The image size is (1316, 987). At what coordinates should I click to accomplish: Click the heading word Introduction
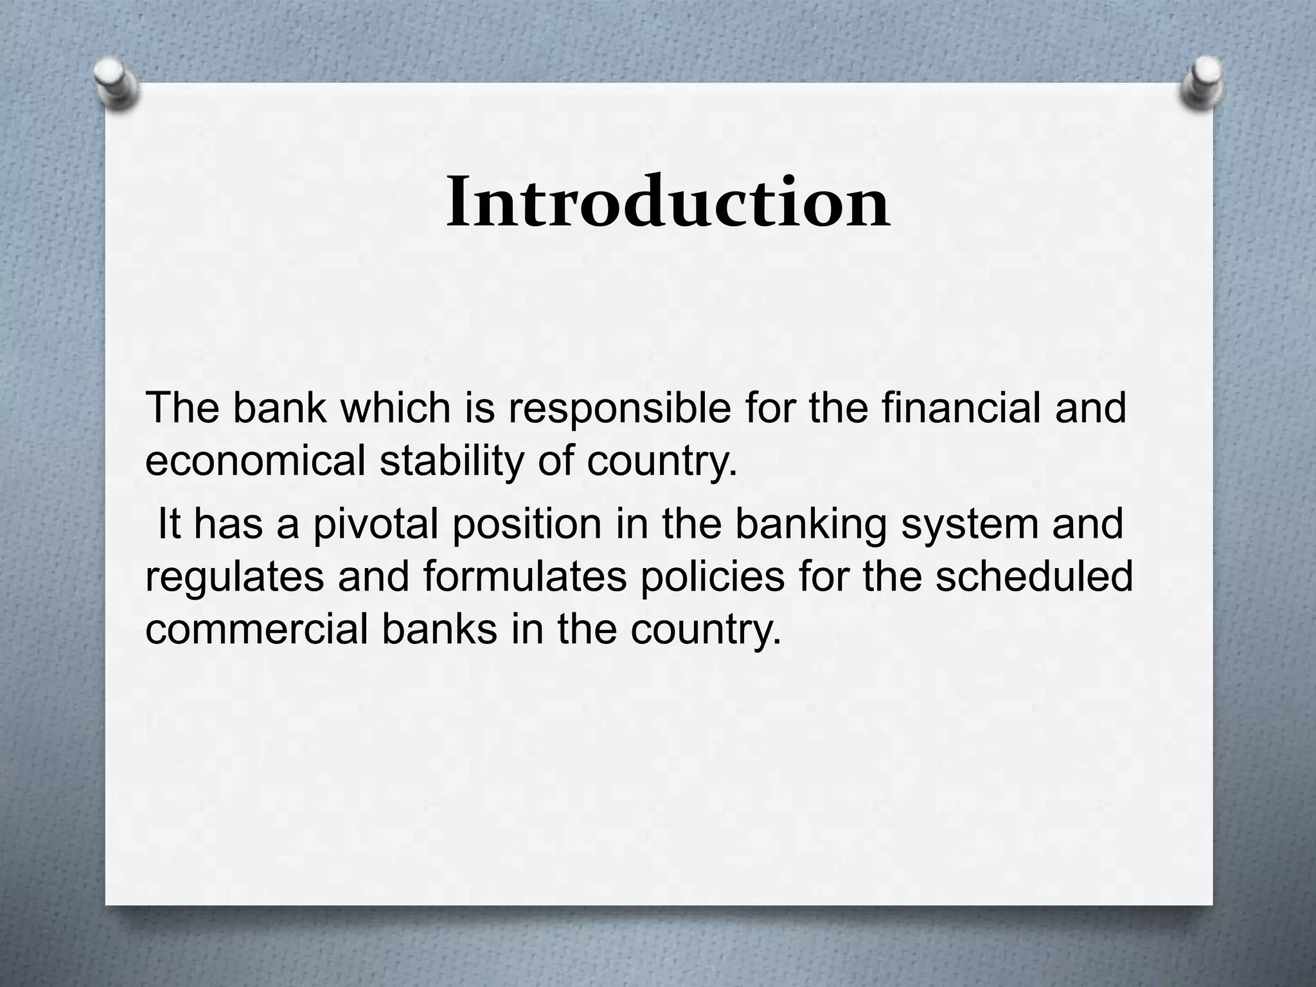668,202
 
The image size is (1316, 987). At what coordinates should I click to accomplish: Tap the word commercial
257,629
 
